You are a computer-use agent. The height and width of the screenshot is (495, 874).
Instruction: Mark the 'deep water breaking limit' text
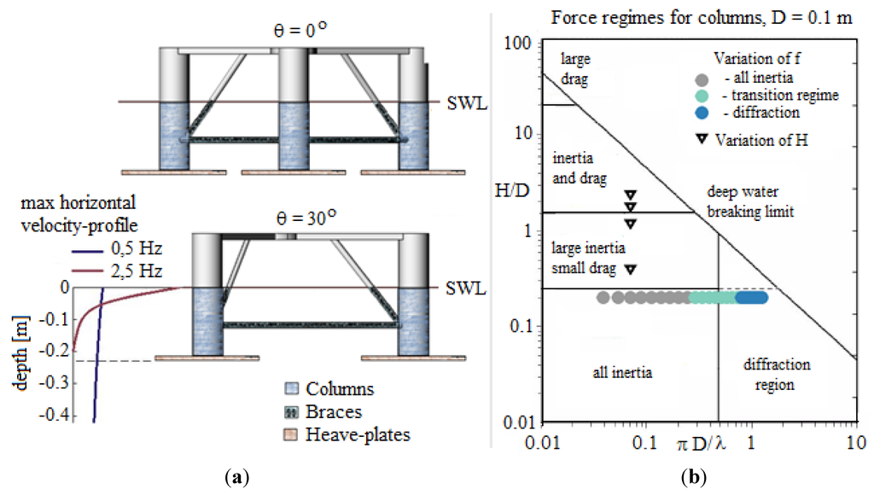pos(741,201)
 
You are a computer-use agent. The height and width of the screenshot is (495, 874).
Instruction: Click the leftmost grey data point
pos(603,298)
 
